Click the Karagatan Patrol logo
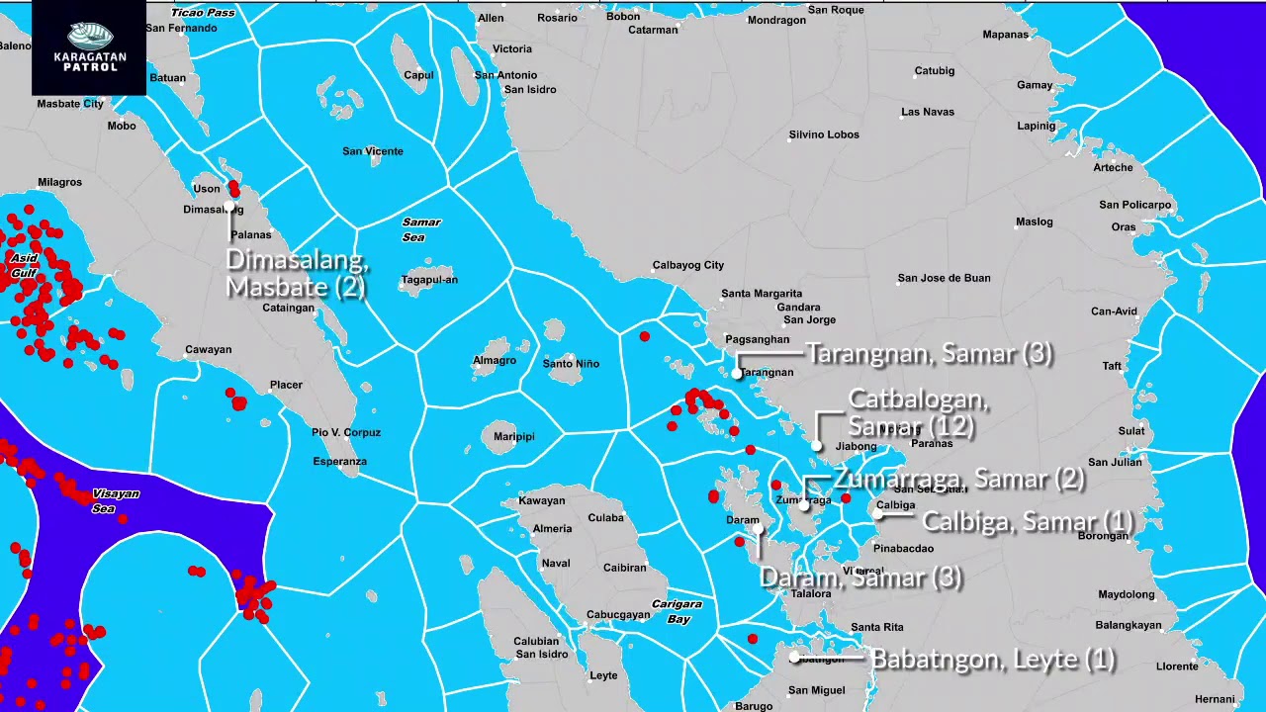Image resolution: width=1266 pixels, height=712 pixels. pos(89,46)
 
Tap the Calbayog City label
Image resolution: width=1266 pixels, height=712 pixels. pos(688,265)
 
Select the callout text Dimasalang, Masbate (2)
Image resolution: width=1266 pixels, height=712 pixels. pos(297,274)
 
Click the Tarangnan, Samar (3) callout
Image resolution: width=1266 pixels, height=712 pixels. pos(929,354)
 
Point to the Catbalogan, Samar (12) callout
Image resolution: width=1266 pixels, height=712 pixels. pos(918,413)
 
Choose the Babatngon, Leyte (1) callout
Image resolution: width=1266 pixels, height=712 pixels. pos(993,659)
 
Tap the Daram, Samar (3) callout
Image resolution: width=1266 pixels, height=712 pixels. pos(860,578)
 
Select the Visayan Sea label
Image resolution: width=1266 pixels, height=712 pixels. pos(116,500)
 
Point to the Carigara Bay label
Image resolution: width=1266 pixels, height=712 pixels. pos(677,611)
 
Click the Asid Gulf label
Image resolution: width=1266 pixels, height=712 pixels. pos(24,264)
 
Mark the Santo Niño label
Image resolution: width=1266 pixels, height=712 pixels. pos(571,364)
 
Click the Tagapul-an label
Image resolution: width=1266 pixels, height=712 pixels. pos(429,280)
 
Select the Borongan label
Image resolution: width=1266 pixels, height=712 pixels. pos(1102,537)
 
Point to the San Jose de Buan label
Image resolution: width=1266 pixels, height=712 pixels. pos(944,278)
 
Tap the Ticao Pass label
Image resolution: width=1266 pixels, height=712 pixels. pos(203,13)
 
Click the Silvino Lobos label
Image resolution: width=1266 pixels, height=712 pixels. pos(824,134)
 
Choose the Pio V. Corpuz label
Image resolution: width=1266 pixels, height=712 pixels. pos(346,432)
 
